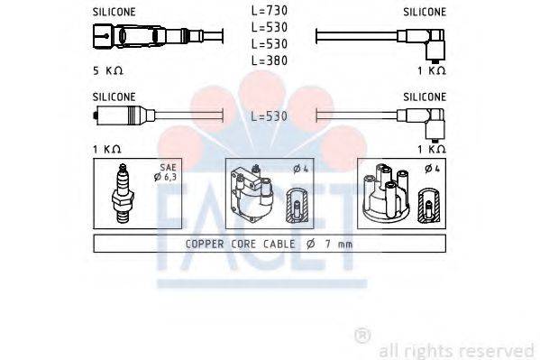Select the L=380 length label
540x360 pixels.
tap(269, 60)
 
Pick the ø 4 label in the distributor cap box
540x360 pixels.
tap(431, 169)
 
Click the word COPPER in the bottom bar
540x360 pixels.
tap(206, 244)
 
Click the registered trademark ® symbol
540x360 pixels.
tap(362, 336)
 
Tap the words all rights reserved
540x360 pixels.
tap(456, 350)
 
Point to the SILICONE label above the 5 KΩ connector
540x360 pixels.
tap(114, 13)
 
